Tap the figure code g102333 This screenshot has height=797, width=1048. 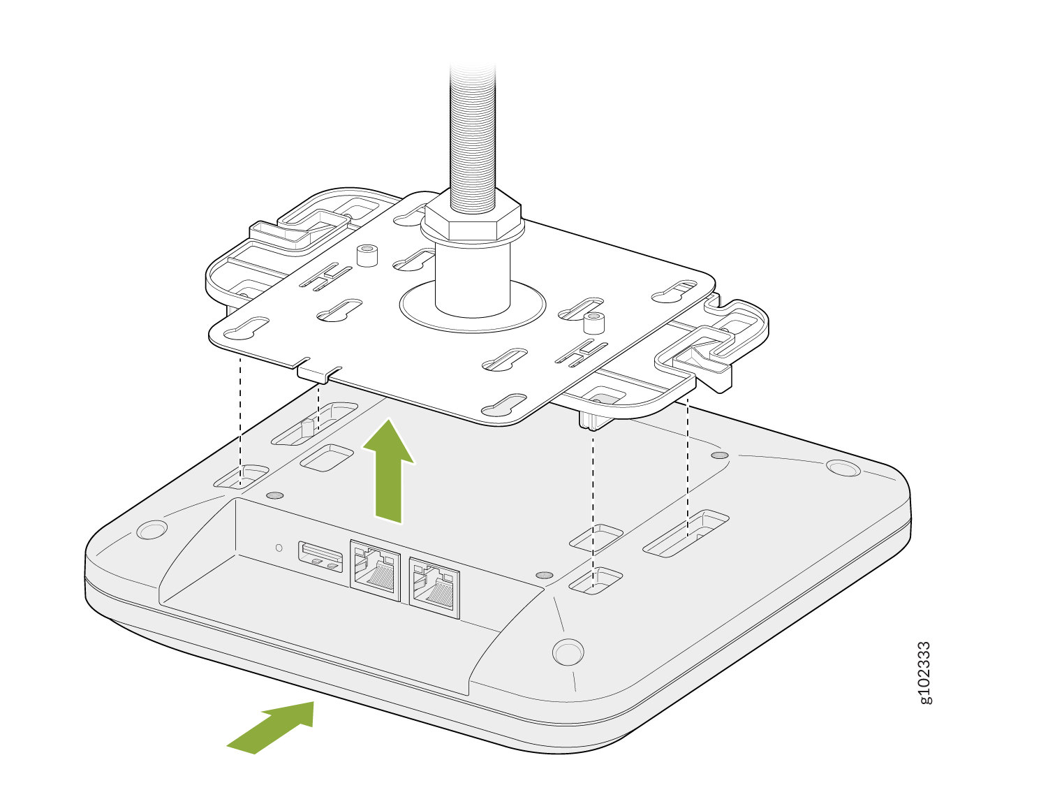click(x=925, y=673)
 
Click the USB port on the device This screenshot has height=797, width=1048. click(x=320, y=557)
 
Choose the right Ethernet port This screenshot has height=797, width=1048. click(x=434, y=587)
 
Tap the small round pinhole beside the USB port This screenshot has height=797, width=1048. click(x=279, y=548)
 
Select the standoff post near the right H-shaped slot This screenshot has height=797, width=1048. click(x=593, y=323)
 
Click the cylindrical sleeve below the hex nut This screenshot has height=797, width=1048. click(x=472, y=279)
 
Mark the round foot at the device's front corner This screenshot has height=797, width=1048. click(x=568, y=652)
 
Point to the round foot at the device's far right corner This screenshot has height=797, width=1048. click(x=843, y=468)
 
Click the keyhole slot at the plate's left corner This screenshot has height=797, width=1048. click(x=246, y=328)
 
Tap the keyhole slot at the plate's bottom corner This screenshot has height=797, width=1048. click(x=503, y=404)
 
